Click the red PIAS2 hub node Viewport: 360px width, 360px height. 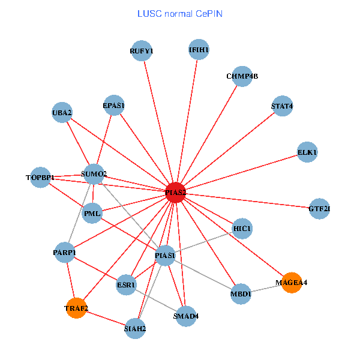(175, 192)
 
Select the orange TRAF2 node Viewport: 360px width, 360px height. (76, 308)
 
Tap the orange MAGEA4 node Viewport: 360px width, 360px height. (291, 282)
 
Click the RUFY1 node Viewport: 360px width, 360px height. (142, 51)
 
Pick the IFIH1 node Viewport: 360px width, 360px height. (199, 49)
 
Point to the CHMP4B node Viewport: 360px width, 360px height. (242, 76)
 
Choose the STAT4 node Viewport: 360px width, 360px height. (282, 106)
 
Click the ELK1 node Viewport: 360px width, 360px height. (307, 152)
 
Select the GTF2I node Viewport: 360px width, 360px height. (319, 209)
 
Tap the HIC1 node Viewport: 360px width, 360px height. (242, 228)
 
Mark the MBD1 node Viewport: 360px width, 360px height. (241, 294)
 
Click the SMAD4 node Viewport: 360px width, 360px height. (185, 316)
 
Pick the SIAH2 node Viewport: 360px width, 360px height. (135, 328)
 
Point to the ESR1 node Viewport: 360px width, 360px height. (127, 284)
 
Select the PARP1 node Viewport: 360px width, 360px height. (64, 253)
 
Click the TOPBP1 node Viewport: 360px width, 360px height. (40, 178)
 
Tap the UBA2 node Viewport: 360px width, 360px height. (62, 112)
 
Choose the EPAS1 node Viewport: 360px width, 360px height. (113, 106)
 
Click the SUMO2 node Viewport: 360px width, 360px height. (94, 175)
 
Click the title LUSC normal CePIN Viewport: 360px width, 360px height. (180, 13)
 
